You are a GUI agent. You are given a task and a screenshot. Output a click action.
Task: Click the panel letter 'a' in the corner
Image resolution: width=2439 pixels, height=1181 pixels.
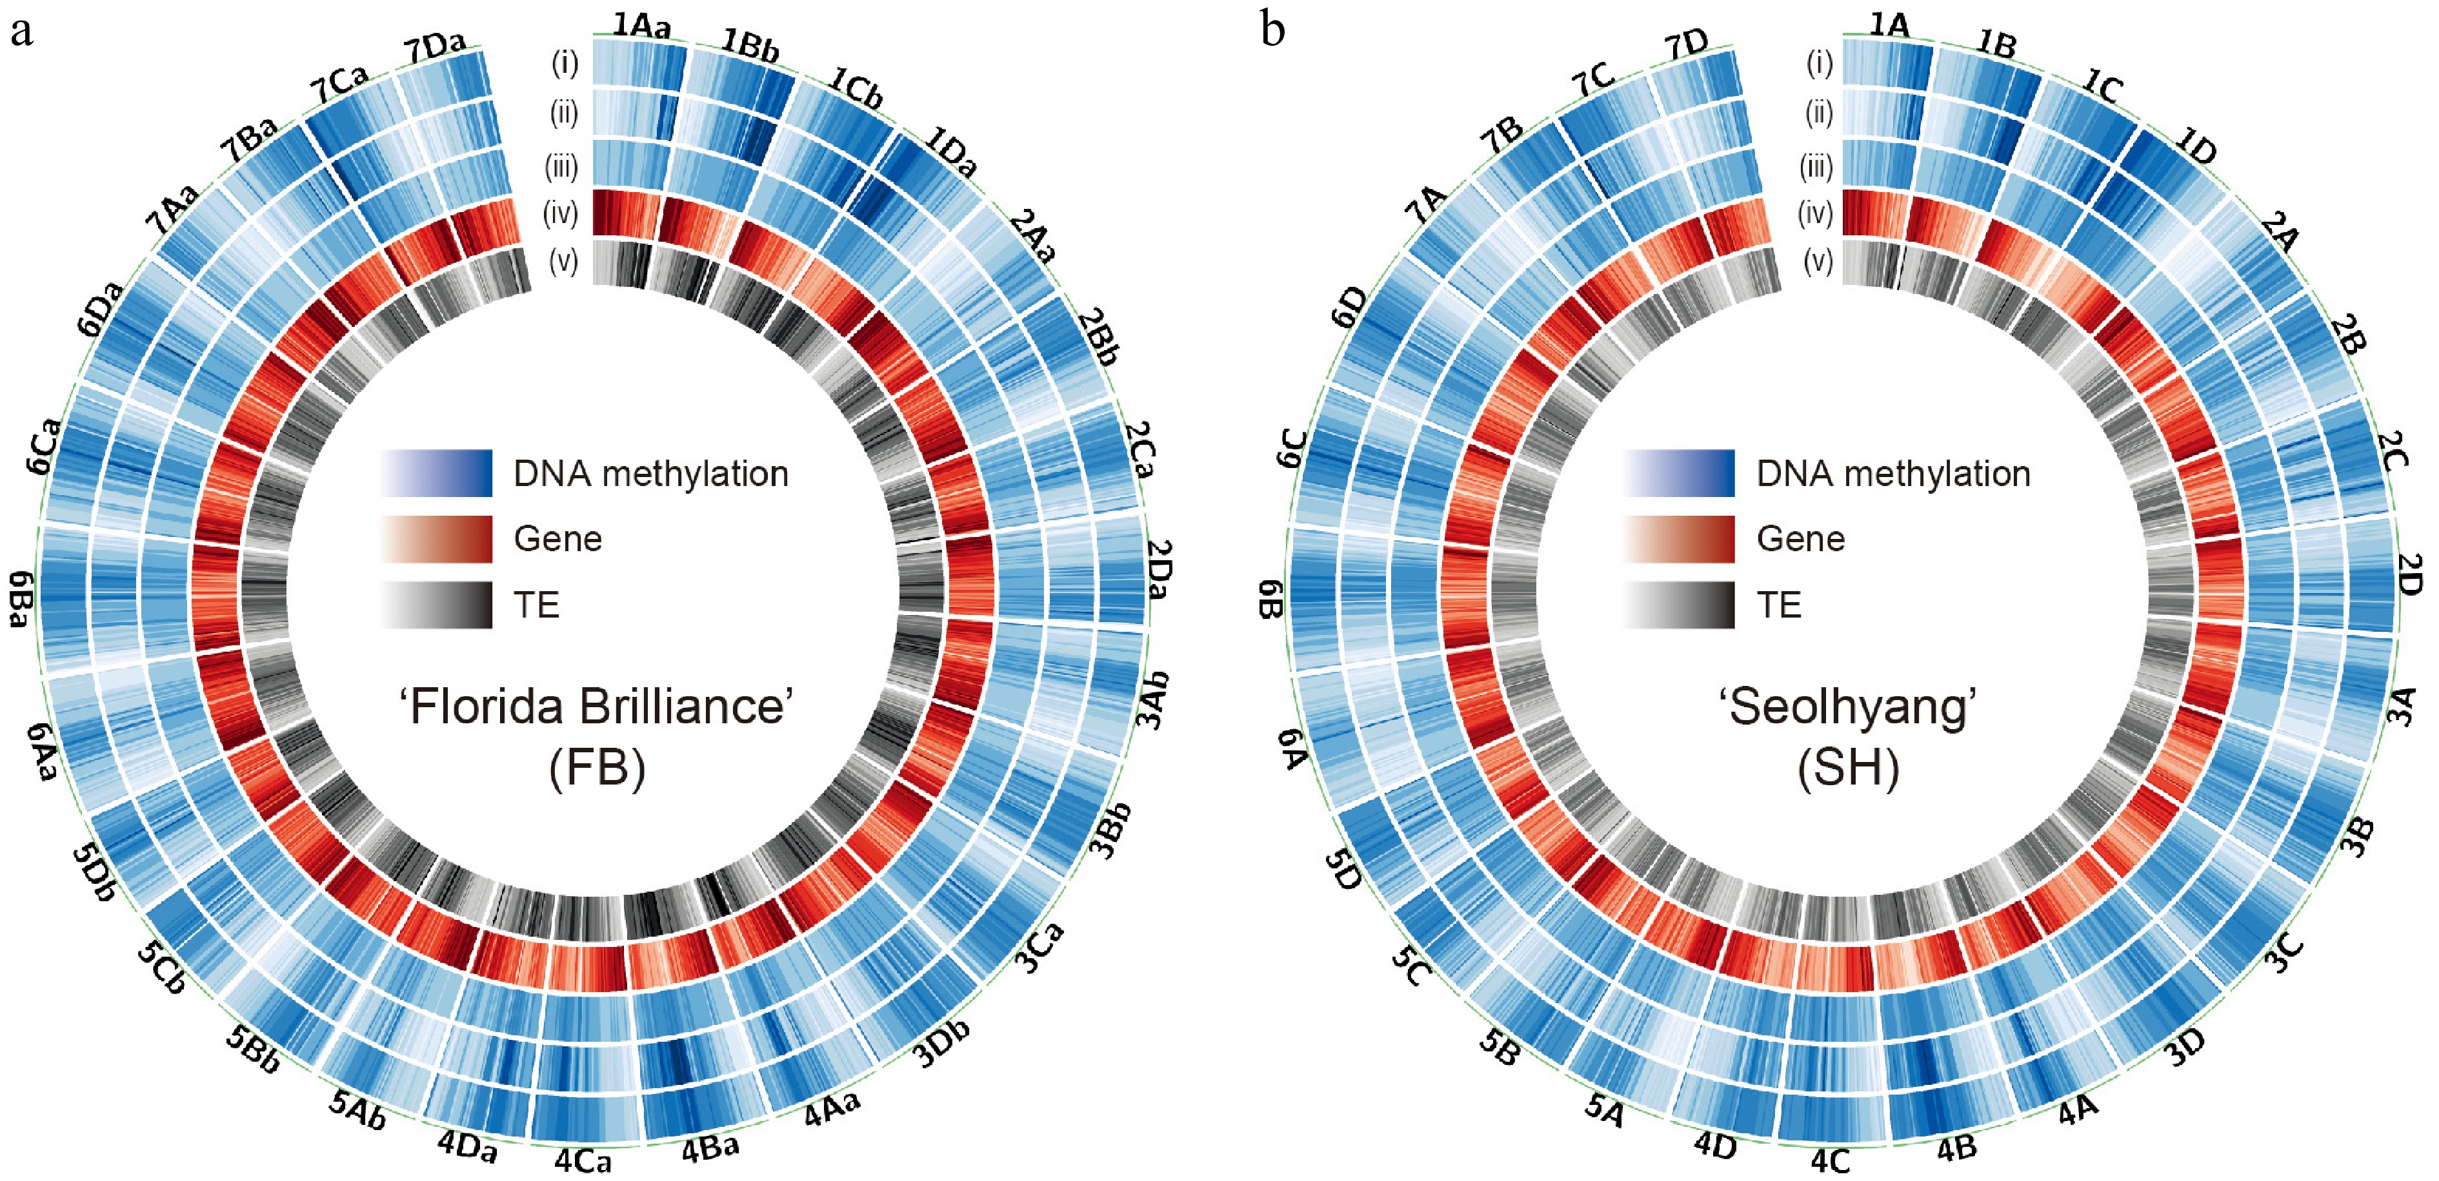[21, 32]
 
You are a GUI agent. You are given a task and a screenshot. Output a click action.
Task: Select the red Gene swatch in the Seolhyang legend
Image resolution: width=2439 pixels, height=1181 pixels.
[1679, 538]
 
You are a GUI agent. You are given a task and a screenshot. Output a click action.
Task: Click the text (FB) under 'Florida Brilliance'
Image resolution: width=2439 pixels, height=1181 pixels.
[596, 768]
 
